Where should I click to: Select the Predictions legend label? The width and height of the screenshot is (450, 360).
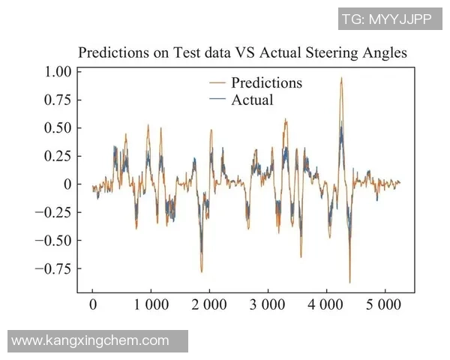[x=266, y=82]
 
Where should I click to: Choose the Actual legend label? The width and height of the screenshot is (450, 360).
[x=252, y=100]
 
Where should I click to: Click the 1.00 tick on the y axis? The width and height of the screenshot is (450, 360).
[x=55, y=72]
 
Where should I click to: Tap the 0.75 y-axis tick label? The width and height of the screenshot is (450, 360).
[x=55, y=100]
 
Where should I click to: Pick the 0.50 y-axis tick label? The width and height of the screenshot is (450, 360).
[x=55, y=127]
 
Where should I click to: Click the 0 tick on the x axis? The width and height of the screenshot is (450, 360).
[x=93, y=305]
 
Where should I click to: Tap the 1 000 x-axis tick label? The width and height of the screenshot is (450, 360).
[x=151, y=305]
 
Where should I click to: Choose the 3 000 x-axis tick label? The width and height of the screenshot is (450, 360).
[x=268, y=305]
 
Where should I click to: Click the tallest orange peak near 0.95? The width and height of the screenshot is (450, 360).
[x=341, y=78]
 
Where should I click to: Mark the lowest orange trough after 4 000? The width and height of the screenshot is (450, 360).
[x=349, y=281]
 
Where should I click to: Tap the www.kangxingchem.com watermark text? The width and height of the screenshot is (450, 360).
[x=91, y=340]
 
